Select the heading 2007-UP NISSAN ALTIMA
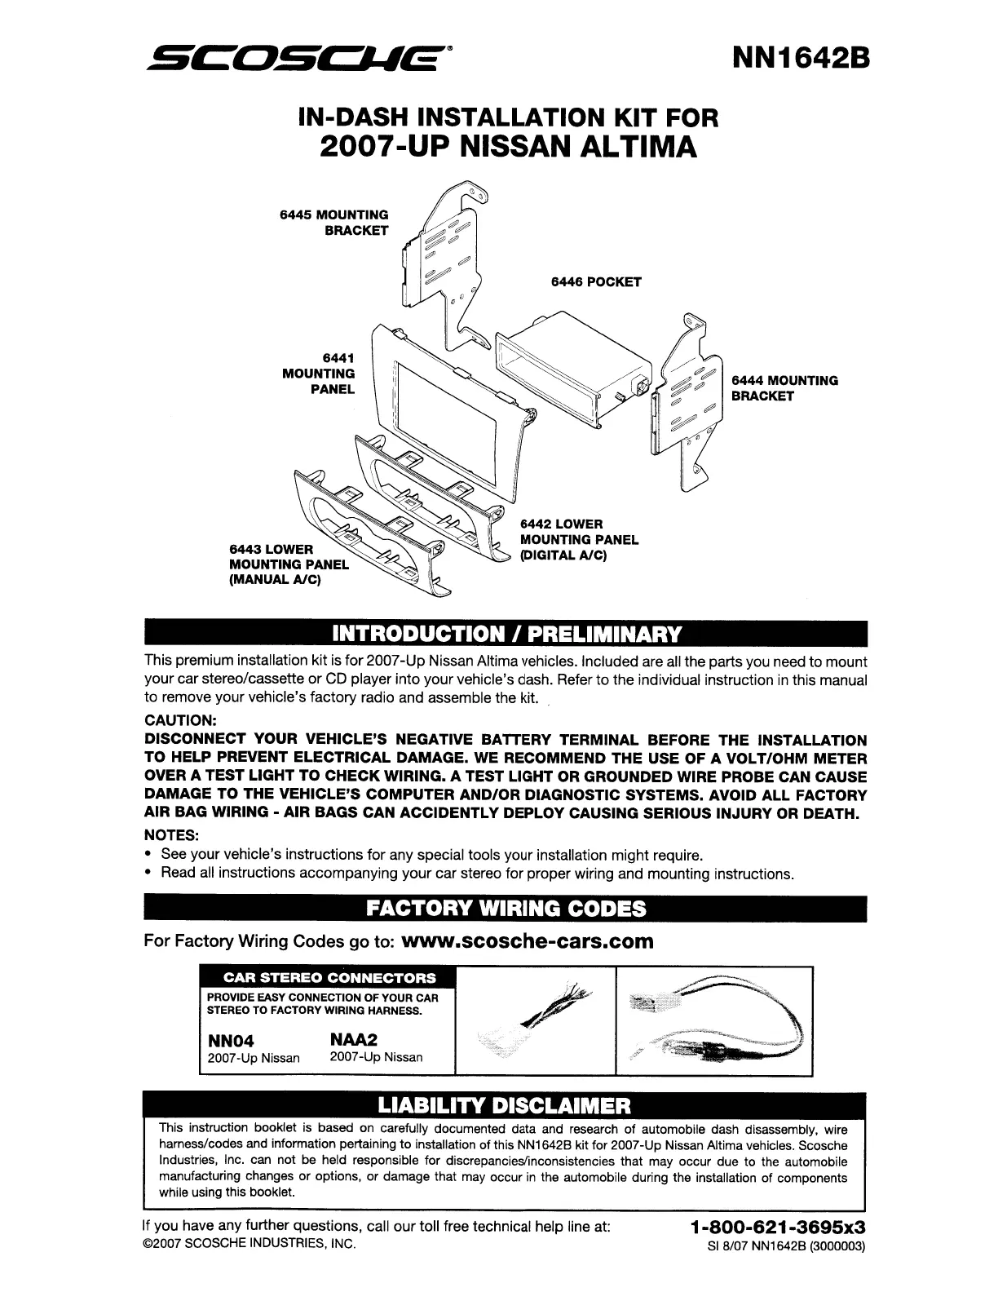(510, 148)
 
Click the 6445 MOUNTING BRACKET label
(334, 223)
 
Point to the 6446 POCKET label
(596, 282)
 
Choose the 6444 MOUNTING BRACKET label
(784, 388)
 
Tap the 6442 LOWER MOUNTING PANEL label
(578, 540)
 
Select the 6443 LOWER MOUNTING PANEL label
(289, 564)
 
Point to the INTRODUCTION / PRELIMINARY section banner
(504, 634)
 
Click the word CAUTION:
(180, 721)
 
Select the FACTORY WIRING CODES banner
(504, 908)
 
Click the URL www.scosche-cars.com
(529, 941)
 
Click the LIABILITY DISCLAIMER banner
(504, 1107)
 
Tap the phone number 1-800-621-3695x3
(776, 1227)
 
